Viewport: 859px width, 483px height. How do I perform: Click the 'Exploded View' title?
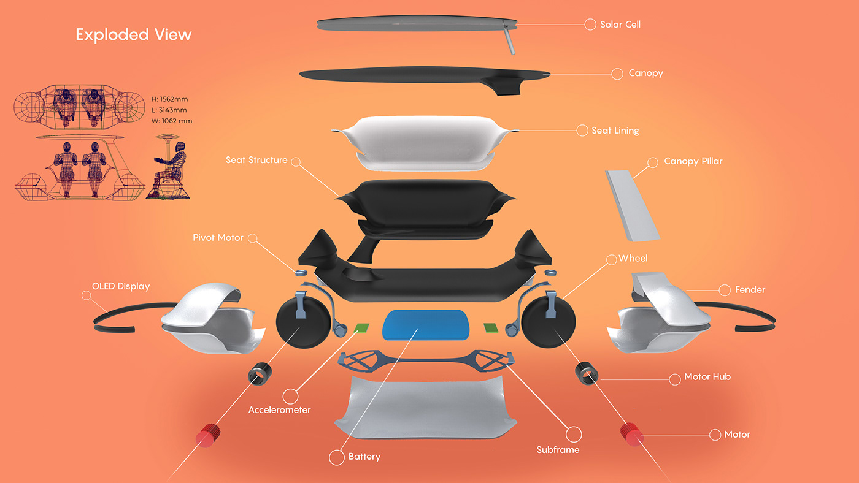point(133,34)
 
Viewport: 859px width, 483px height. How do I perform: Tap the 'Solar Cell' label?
point(620,25)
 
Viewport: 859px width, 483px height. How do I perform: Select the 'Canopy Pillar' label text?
point(693,162)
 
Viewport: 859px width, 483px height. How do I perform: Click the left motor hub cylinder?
point(260,373)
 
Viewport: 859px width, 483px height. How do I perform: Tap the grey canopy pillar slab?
point(631,205)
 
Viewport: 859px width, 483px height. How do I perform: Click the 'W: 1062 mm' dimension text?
point(171,121)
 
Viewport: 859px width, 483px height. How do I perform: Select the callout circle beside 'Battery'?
point(336,457)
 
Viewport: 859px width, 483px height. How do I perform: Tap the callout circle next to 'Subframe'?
point(573,435)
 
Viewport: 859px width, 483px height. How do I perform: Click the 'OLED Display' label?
point(120,286)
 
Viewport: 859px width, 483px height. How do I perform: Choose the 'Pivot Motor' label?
point(218,238)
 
